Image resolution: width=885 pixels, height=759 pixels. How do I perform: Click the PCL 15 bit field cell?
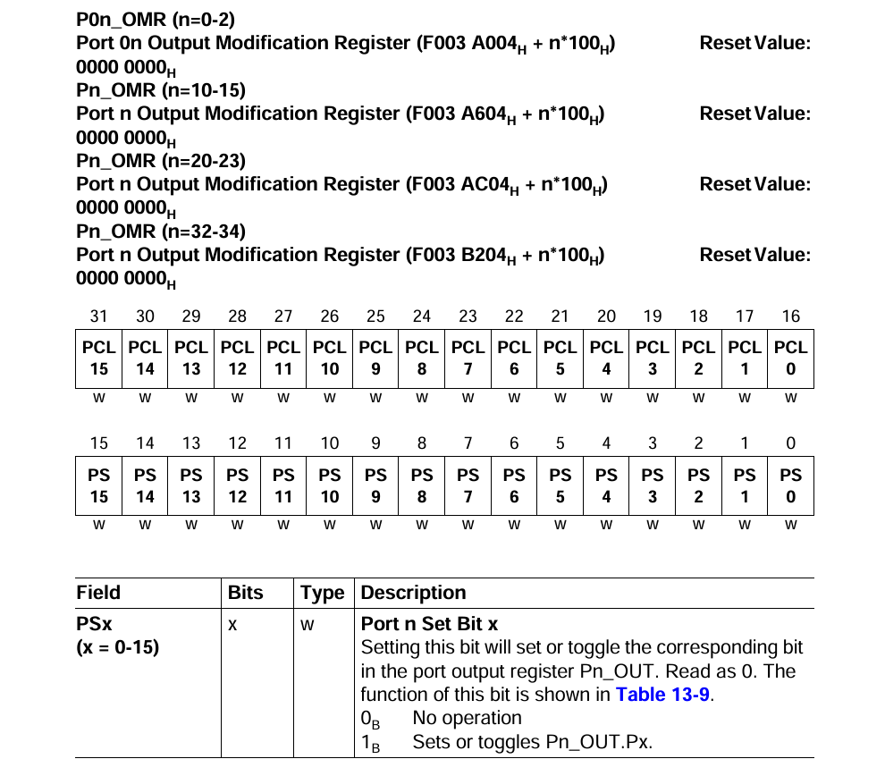click(x=99, y=358)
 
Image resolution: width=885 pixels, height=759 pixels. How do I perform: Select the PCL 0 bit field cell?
click(x=791, y=358)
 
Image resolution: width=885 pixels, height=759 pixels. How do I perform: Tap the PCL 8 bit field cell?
click(x=422, y=358)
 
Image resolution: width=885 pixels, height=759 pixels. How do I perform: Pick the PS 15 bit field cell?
click(x=99, y=486)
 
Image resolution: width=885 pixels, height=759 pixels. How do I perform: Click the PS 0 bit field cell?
click(x=791, y=486)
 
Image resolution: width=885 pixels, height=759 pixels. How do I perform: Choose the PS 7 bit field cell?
click(x=468, y=486)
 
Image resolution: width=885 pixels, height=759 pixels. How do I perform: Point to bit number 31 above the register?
click(x=99, y=316)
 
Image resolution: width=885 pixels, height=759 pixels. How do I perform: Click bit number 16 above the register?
click(x=791, y=316)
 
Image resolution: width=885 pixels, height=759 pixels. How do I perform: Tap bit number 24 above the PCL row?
click(x=422, y=316)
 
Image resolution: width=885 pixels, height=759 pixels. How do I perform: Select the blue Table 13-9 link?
click(x=663, y=695)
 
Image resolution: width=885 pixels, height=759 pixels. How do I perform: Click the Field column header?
click(x=98, y=593)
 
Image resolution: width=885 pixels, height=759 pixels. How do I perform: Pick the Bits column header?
click(x=246, y=593)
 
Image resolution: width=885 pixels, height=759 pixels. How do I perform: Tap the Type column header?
click(x=322, y=593)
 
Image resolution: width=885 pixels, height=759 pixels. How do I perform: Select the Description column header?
click(x=413, y=593)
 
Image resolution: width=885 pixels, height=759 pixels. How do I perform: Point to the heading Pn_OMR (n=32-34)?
click(x=161, y=232)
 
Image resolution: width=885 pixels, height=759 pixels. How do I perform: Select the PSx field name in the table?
click(x=93, y=623)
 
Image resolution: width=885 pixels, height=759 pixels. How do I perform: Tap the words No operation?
click(x=467, y=718)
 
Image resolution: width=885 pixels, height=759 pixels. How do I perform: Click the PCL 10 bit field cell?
click(x=330, y=358)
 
